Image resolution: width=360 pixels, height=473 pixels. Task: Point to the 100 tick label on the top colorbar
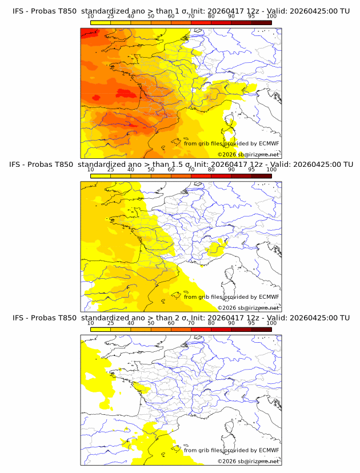271,17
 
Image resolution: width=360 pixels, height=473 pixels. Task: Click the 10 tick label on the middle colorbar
90,170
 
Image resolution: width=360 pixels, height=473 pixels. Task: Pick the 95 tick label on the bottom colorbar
251,323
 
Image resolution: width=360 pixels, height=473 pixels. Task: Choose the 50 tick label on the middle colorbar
151,170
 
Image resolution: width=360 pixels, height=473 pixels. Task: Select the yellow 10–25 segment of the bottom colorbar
101,329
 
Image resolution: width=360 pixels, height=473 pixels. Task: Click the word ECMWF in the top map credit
269,143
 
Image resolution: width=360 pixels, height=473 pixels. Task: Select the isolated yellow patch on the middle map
217,247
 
